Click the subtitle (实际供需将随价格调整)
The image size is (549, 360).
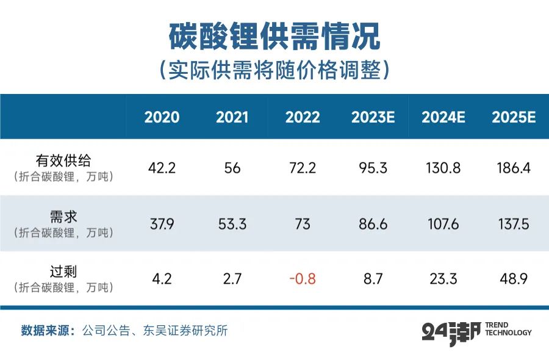click(274, 70)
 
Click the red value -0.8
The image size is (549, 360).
click(303, 279)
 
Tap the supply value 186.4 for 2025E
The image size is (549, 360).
click(514, 168)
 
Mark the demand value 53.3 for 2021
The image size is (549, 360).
click(232, 224)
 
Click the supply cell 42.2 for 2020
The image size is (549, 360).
click(162, 168)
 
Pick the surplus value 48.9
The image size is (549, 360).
click(514, 279)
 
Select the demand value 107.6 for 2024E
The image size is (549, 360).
click(443, 224)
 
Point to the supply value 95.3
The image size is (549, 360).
click(373, 168)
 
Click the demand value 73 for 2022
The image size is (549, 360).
click(303, 224)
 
